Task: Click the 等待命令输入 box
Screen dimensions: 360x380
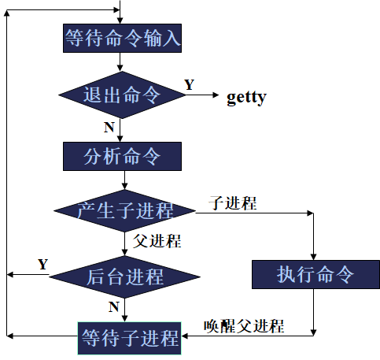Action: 122,36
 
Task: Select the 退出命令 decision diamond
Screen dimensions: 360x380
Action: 122,95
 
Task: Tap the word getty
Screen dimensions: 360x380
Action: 246,97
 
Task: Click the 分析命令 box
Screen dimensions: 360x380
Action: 122,156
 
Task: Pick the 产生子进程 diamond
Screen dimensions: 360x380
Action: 125,210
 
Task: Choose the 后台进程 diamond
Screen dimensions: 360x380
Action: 124,276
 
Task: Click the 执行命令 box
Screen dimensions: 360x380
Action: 315,275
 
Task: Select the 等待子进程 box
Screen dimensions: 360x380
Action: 130,338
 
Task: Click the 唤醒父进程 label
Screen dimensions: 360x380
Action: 243,325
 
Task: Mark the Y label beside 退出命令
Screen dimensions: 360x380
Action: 190,84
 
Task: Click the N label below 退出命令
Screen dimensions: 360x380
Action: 109,126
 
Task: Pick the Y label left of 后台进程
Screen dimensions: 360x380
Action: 42,264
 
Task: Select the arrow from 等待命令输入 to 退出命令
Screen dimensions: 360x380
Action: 121,61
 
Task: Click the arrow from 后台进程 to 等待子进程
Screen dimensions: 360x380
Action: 124,309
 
